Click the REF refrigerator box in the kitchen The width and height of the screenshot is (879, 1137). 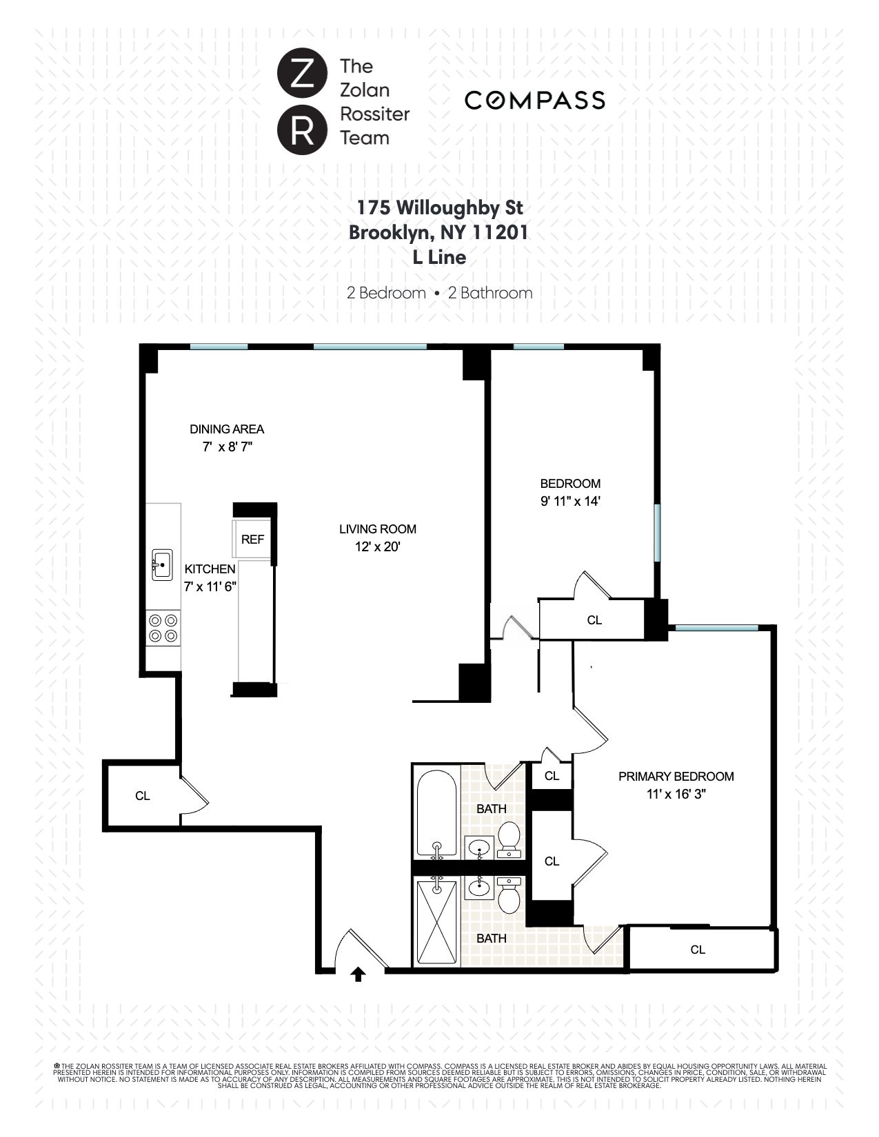tap(252, 540)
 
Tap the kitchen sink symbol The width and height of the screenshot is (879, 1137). tap(162, 565)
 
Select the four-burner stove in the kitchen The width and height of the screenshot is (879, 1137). tap(163, 628)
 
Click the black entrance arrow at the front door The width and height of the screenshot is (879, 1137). tap(358, 973)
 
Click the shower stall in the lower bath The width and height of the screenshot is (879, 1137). tap(436, 923)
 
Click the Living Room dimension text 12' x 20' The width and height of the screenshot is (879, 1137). tap(377, 547)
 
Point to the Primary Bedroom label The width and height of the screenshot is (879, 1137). tap(676, 776)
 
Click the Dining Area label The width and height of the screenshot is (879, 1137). tap(227, 429)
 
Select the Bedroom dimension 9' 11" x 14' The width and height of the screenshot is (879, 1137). tap(570, 501)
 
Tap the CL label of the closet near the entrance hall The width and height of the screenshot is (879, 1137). tap(143, 796)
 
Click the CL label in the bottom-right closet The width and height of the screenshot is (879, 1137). tap(698, 950)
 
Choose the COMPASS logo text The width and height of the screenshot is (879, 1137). tap(534, 101)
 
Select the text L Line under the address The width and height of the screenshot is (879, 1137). tap(439, 258)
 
